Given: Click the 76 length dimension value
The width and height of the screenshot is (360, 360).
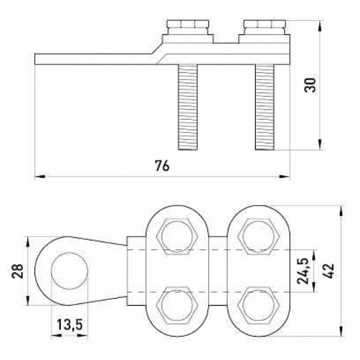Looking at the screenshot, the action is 162,166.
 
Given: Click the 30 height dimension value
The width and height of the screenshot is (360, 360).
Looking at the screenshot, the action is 310,85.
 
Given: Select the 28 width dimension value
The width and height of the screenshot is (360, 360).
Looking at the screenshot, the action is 18,271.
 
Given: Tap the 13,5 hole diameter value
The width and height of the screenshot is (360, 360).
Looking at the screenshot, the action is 69,325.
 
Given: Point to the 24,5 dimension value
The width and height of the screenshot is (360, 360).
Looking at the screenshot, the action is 302,271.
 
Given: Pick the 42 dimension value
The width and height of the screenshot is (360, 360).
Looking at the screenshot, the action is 329,271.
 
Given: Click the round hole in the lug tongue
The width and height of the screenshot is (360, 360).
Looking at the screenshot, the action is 69,271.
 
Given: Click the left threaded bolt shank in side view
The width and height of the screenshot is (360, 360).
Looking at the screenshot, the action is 188,107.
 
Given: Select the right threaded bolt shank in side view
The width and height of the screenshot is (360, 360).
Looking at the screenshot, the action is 264,107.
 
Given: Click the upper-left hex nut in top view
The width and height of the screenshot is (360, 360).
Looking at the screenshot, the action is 177,236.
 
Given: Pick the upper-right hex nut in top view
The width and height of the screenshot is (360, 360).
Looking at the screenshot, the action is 259,236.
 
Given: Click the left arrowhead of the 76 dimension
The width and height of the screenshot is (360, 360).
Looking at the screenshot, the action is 40,177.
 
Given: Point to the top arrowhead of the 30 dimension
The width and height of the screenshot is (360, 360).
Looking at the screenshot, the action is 319,26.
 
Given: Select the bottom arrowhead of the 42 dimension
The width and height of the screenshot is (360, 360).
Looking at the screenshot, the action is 342,331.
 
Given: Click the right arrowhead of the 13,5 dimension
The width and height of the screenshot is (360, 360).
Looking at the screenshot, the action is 82,335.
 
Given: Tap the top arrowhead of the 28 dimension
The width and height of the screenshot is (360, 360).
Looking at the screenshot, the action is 27,242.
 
